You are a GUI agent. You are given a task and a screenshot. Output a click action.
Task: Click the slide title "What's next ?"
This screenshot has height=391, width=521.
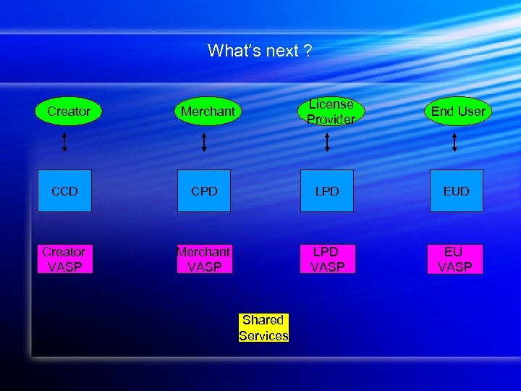(260, 51)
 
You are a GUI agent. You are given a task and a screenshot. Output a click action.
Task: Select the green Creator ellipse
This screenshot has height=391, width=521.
(69, 112)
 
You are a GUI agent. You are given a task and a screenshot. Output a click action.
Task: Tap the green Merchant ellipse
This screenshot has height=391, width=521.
(208, 112)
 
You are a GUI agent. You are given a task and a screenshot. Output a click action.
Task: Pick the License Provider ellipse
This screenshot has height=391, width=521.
(331, 112)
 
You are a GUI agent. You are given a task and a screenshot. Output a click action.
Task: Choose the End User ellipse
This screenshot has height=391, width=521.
(458, 112)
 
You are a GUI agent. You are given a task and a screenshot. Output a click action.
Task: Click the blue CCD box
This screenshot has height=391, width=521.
(64, 191)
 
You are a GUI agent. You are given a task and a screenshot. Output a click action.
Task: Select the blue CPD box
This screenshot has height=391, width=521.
(204, 191)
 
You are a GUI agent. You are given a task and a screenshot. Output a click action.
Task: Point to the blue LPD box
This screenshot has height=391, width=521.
(327, 191)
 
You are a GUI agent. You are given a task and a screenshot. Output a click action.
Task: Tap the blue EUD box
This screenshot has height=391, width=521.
(456, 191)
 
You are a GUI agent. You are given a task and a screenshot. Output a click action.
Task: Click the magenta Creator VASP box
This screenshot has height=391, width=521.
(64, 259)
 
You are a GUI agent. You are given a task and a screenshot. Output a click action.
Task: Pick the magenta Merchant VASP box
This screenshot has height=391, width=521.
(204, 259)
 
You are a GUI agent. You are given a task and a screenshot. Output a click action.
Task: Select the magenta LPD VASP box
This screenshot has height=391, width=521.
(326, 259)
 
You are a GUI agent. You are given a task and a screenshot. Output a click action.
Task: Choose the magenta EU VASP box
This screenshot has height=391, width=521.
(454, 259)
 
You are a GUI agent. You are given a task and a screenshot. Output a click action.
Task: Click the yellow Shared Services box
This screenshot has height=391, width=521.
(263, 327)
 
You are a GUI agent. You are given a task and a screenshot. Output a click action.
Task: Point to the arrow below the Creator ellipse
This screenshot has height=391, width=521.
(64, 142)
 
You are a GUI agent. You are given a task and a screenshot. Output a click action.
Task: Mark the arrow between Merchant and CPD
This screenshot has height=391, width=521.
(204, 142)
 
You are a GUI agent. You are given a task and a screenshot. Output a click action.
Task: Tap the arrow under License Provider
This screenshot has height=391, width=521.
(327, 142)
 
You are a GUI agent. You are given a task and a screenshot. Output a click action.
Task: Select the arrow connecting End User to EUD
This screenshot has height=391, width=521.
(454, 142)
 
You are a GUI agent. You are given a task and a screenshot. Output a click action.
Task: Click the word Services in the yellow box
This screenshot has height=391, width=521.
(263, 336)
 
